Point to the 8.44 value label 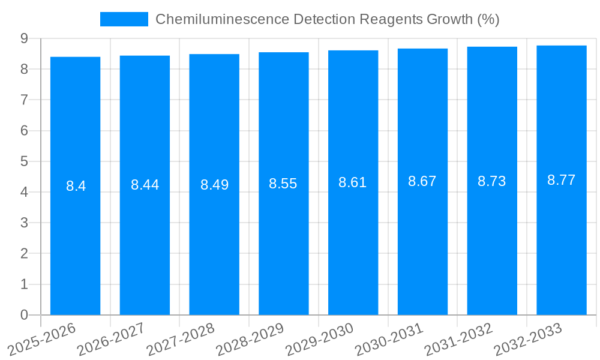pyautogui.click(x=145, y=185)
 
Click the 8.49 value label pyautogui.click(x=214, y=185)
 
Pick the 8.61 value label pyautogui.click(x=353, y=183)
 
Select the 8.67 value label pyautogui.click(x=422, y=181)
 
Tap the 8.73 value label pyautogui.click(x=492, y=181)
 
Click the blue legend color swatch pyautogui.click(x=124, y=19)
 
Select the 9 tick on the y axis pyautogui.click(x=24, y=38)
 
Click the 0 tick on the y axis pyautogui.click(x=24, y=315)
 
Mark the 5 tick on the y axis pyautogui.click(x=24, y=161)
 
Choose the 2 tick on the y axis pyautogui.click(x=24, y=254)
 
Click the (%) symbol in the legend pyautogui.click(x=488, y=19)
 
